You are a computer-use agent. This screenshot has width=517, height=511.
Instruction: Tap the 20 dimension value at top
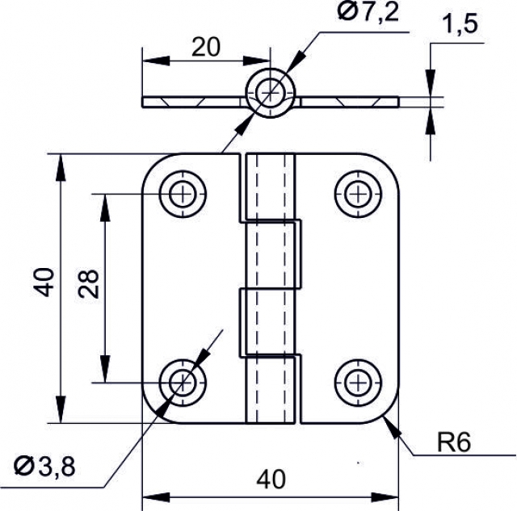click(206, 47)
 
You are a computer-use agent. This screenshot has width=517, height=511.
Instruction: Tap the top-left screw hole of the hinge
click(184, 194)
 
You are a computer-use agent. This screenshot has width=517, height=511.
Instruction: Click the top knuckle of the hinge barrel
click(269, 186)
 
